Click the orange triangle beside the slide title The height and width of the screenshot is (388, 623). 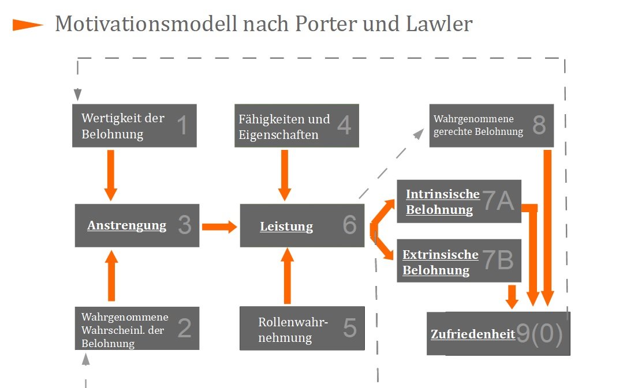pyautogui.click(x=28, y=25)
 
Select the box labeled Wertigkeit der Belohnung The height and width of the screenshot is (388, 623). pyautogui.click(x=135, y=126)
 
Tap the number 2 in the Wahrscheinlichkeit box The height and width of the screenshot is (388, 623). pyautogui.click(x=184, y=328)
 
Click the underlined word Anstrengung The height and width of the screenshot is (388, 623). pyautogui.click(x=126, y=225)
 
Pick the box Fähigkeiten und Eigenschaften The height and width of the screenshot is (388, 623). pyautogui.click(x=296, y=126)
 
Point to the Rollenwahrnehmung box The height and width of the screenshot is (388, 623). pyautogui.click(x=302, y=329)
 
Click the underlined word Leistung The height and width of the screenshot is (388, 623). pyautogui.click(x=286, y=227)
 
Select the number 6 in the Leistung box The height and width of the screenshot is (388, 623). pyautogui.click(x=350, y=225)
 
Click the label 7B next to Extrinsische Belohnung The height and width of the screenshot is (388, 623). pyautogui.click(x=498, y=261)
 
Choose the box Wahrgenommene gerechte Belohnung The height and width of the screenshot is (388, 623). pyautogui.click(x=491, y=126)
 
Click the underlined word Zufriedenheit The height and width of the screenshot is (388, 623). pyautogui.click(x=473, y=334)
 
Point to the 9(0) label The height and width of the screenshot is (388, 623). pyautogui.click(x=539, y=334)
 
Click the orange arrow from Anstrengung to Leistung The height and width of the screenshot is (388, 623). pyautogui.click(x=219, y=226)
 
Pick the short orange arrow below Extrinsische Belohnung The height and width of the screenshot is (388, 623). pyautogui.click(x=511, y=296)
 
